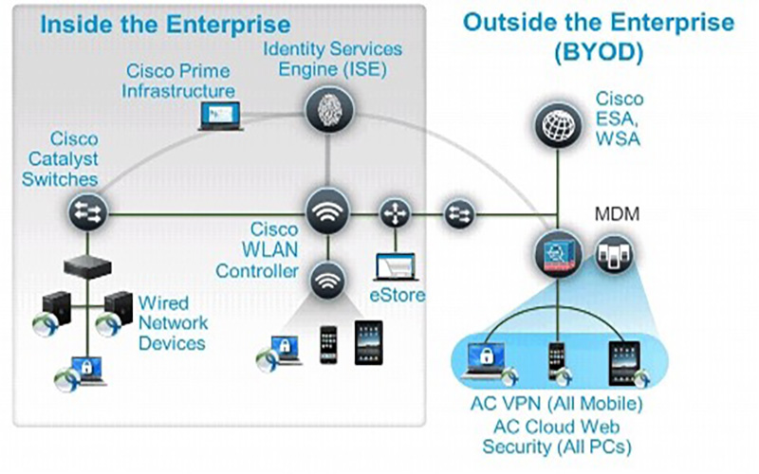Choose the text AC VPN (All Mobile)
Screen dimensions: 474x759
click(558, 405)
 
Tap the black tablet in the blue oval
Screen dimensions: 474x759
click(627, 360)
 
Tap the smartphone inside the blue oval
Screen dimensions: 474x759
click(559, 359)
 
